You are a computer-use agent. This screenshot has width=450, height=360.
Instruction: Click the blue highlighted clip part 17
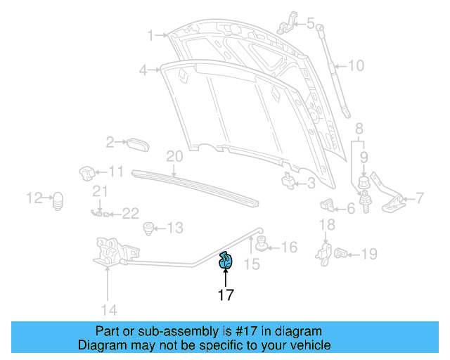(226, 260)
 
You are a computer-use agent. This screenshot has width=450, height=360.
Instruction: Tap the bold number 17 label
(225, 295)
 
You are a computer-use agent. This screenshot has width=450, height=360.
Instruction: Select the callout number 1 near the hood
(150, 34)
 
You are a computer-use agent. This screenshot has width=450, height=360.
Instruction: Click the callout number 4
(143, 70)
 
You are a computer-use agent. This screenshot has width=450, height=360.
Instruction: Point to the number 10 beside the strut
(356, 66)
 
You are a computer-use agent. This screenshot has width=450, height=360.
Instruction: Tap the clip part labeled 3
(288, 181)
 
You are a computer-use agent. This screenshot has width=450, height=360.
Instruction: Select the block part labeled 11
(86, 172)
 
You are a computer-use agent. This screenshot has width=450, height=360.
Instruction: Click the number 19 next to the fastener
(368, 254)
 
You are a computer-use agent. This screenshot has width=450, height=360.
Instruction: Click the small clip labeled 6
(327, 206)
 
